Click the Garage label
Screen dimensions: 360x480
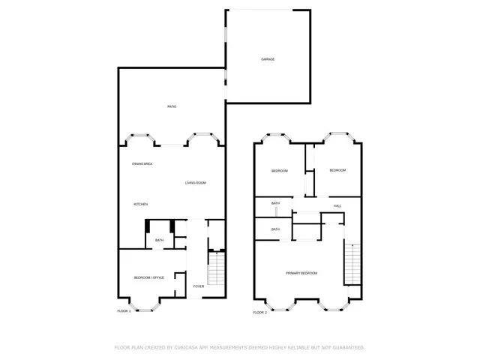click(x=268, y=58)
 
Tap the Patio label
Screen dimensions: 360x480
click(x=172, y=107)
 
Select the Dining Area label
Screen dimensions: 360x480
click(x=142, y=163)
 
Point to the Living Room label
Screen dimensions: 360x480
click(x=196, y=183)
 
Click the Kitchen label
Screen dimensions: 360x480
click(x=140, y=204)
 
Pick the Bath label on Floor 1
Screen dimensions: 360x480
click(x=159, y=240)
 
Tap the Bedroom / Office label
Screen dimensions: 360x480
click(x=148, y=278)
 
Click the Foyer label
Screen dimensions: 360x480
click(x=199, y=286)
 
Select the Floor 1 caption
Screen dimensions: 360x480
click(x=124, y=311)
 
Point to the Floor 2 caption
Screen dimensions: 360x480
click(x=259, y=312)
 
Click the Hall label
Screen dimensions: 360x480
click(x=337, y=205)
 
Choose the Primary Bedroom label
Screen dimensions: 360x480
click(x=301, y=273)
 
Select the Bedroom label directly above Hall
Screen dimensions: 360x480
click(x=337, y=170)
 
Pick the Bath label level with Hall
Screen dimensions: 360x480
click(x=275, y=203)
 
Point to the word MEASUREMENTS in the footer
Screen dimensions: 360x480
click(x=237, y=348)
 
